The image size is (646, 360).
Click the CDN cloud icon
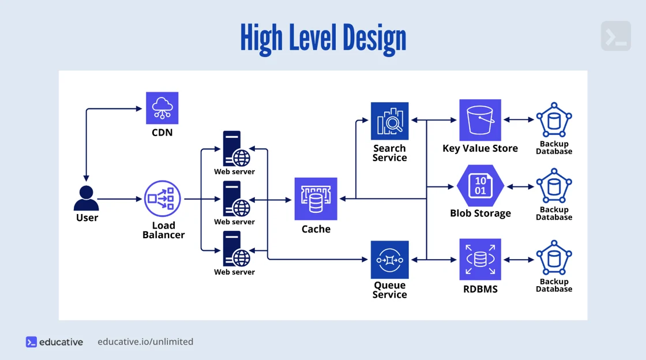click(162, 108)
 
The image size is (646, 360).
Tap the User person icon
click(87, 198)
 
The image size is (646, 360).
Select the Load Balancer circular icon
click(163, 199)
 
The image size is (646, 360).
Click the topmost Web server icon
click(235, 149)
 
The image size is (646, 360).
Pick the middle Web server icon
click(235, 199)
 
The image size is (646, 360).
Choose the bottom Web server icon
click(235, 249)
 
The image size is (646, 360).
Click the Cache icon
click(316, 198)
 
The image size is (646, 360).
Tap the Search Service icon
click(389, 121)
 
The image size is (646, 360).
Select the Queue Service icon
click(389, 260)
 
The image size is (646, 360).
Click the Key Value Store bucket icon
click(480, 120)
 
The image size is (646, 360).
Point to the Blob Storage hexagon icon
click(480, 186)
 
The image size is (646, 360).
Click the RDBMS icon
click(480, 260)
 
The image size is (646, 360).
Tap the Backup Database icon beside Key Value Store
click(554, 120)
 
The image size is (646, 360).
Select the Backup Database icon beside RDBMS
click(554, 260)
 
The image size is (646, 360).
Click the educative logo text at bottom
click(61, 342)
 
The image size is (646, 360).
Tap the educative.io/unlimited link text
click(145, 342)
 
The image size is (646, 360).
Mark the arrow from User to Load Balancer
click(119, 199)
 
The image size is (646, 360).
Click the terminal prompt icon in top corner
click(615, 36)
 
